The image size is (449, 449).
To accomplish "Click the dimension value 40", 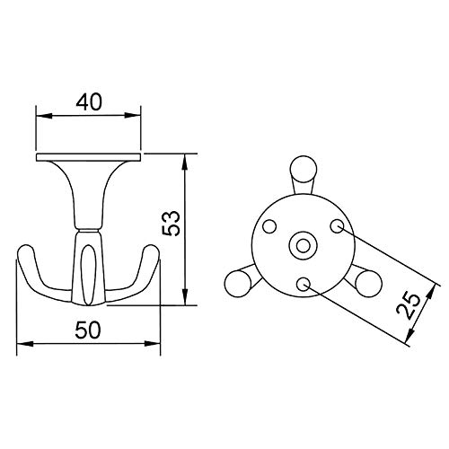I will coord(88,101).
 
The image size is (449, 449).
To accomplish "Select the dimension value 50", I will coord(87,330).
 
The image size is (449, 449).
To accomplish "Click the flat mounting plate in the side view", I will coord(89,156).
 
